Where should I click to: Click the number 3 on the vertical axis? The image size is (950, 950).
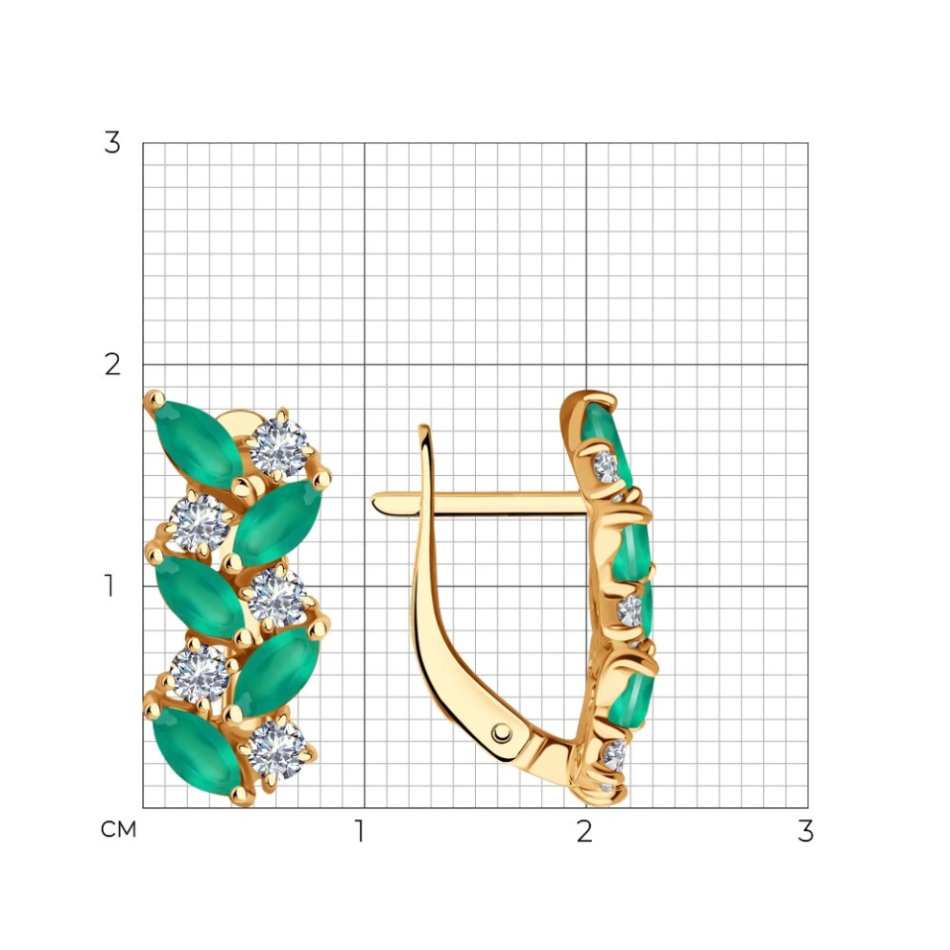tap(112, 142)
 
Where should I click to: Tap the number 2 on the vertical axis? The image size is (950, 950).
tap(112, 365)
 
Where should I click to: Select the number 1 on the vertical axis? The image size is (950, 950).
tap(109, 586)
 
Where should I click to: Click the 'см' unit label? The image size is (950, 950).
tap(119, 829)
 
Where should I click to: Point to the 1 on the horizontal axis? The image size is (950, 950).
tap(360, 831)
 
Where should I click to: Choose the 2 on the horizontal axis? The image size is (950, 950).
tap(584, 831)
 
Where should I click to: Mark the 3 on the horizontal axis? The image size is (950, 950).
tap(806, 831)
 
